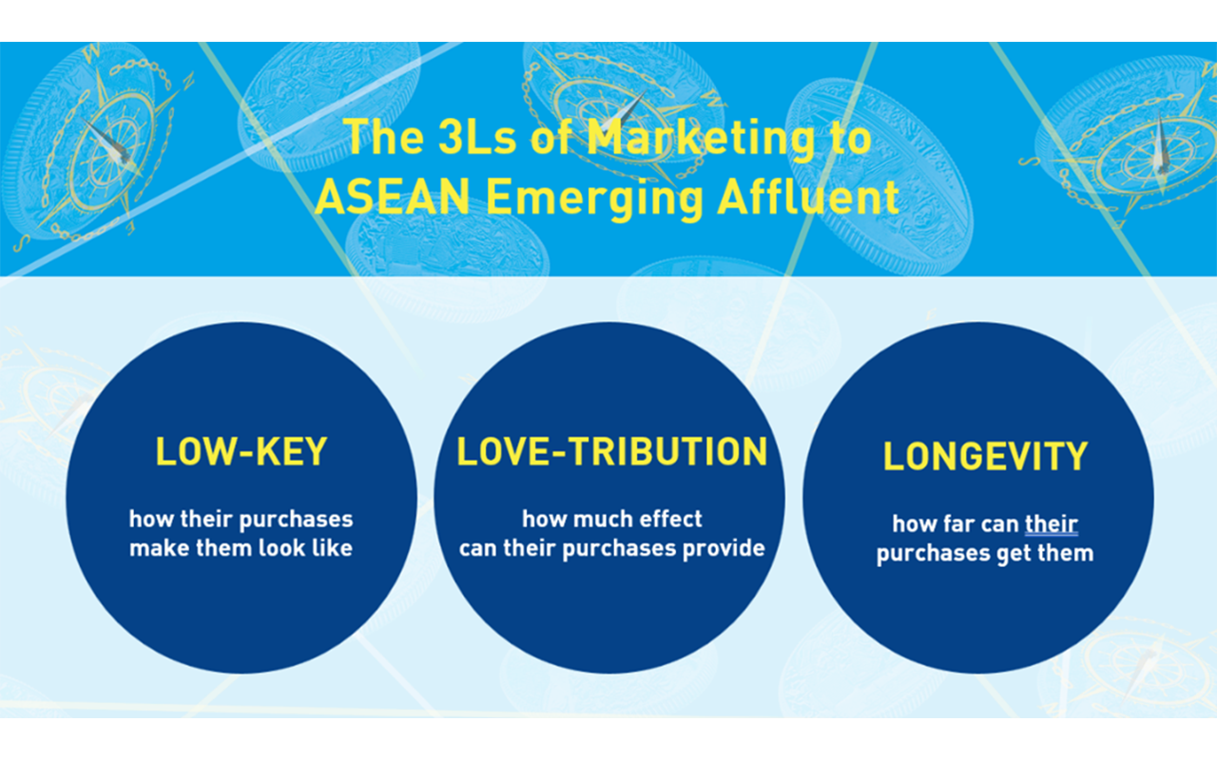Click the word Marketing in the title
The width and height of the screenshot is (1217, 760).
coord(701,139)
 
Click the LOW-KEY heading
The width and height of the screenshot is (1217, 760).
coord(241,451)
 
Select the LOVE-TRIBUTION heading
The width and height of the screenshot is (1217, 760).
coord(611,451)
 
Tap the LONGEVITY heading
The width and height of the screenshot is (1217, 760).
coord(984,456)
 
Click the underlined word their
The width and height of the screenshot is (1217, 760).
coord(1052,523)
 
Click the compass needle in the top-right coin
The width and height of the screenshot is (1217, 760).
coord(1161,143)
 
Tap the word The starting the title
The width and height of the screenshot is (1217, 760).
coord(383,138)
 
